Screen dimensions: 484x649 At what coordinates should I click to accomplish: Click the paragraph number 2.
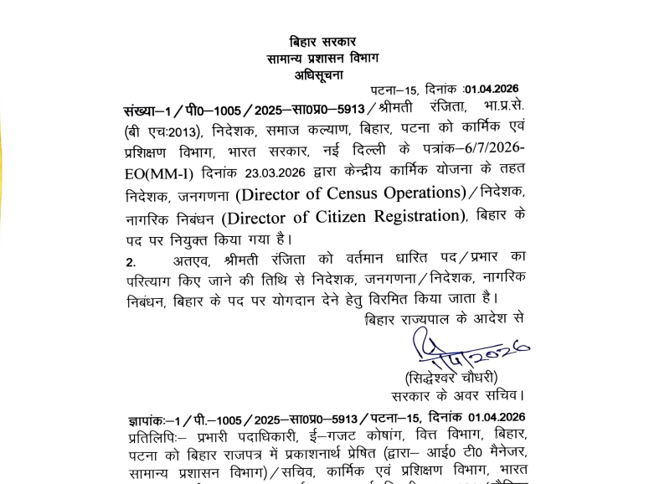click(x=130, y=261)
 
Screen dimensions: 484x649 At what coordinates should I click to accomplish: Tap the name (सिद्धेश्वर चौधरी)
click(x=452, y=376)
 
